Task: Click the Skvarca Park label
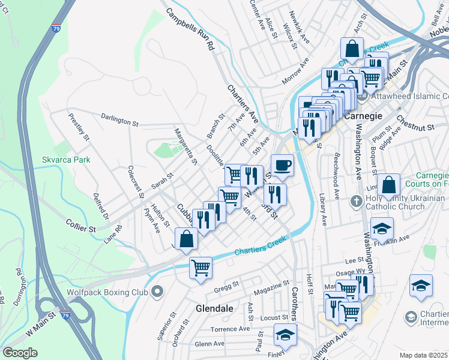pyautogui.click(x=66, y=160)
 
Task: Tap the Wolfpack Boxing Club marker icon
pyautogui.click(x=157, y=292)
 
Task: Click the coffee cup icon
pyautogui.click(x=282, y=164)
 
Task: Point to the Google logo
pyautogui.click(x=20, y=353)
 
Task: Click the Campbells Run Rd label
pyautogui.click(x=190, y=29)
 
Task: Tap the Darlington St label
pyautogui.click(x=119, y=120)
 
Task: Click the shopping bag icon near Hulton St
pyautogui.click(x=187, y=239)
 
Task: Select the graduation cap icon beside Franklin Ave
pyautogui.click(x=382, y=229)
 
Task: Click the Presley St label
pyautogui.click(x=79, y=127)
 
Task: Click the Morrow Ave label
pyautogui.click(x=295, y=71)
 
